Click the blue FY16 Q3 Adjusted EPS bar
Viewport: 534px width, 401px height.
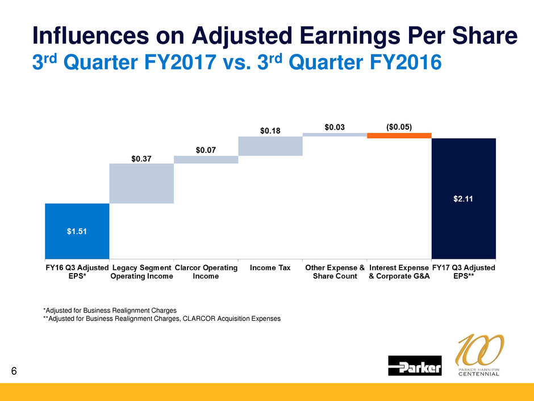(x=77, y=230)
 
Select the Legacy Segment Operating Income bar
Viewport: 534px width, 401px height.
(x=141, y=183)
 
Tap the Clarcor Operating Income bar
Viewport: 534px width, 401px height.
(x=206, y=160)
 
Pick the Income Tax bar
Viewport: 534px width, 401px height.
(x=270, y=146)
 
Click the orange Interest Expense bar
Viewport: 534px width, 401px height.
(x=399, y=135)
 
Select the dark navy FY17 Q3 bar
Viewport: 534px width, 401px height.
(x=464, y=197)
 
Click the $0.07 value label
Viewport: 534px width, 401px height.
(x=206, y=150)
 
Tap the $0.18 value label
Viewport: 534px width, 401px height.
(x=270, y=131)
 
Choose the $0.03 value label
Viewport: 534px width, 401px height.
(x=335, y=127)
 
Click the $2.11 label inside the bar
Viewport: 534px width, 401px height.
(x=464, y=199)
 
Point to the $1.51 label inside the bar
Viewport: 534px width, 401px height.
(x=77, y=231)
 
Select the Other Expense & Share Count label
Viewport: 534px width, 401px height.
(x=335, y=272)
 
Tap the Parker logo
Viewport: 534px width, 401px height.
(x=415, y=366)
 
